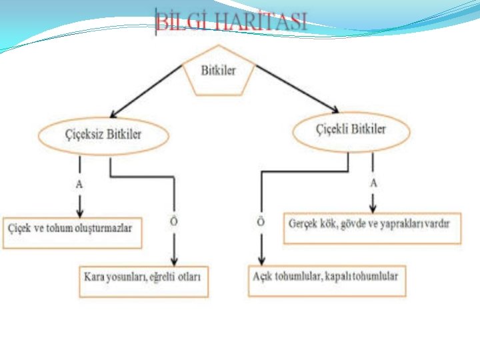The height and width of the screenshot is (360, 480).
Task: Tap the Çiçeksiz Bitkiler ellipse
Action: coord(103,135)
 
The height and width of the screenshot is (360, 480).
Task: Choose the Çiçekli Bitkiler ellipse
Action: coord(351,131)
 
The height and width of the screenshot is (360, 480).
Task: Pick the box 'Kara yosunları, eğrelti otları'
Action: coord(143,276)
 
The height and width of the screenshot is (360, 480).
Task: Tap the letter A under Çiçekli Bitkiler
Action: coord(373,182)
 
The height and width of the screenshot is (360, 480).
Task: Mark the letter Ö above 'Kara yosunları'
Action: coord(173,221)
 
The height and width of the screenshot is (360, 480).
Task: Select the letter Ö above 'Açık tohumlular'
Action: coord(261,222)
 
